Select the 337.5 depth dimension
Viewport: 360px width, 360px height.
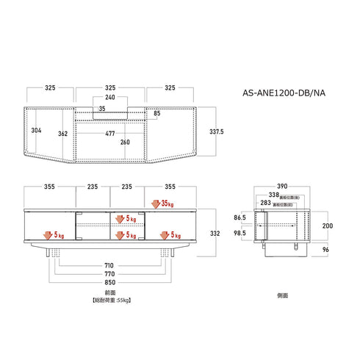216,132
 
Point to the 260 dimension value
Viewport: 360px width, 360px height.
125,142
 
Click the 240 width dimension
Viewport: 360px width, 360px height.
110,97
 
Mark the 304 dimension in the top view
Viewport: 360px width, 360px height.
36,130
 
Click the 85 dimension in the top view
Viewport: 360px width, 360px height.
157,113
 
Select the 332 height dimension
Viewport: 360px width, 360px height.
214,232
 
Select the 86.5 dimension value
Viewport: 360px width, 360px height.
240,218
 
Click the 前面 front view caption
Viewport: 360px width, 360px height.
110,292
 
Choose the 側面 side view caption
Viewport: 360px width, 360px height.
282,292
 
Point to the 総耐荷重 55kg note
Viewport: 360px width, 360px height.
110,300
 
